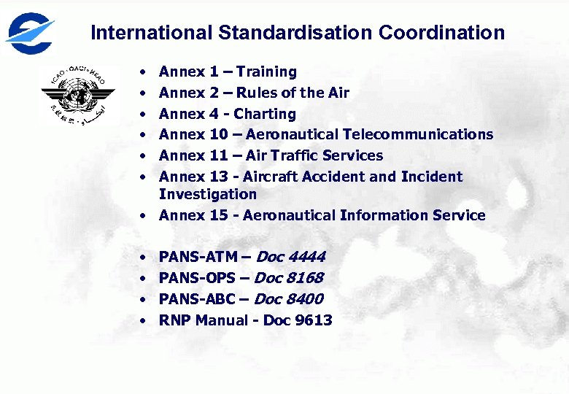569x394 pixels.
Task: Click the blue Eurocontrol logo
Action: pos(30,33)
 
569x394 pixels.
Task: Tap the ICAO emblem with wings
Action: pos(78,93)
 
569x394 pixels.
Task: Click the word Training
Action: pos(266,72)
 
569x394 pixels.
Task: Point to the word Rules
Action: pos(256,93)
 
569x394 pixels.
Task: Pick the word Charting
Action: pos(265,114)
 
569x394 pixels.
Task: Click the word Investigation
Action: pos(208,194)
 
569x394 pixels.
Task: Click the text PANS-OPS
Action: pos(197,278)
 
